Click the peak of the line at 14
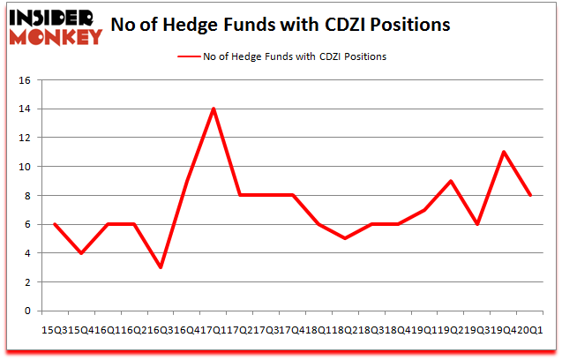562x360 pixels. coord(214,109)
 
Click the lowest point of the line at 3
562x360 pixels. coord(161,267)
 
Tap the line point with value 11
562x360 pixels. coord(503,152)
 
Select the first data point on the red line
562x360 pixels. coord(55,224)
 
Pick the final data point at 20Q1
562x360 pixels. coord(529,195)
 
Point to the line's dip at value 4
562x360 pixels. coord(81,253)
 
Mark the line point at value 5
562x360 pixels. coord(345,238)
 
